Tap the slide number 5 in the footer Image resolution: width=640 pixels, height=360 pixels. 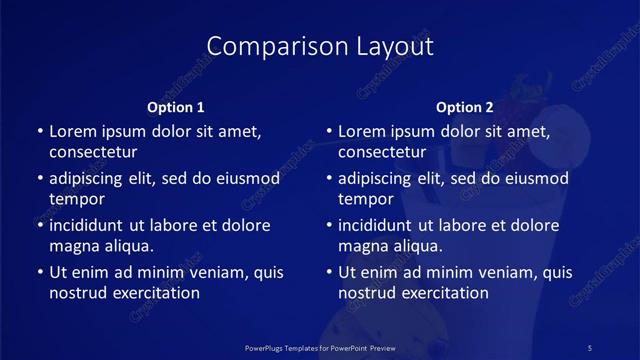point(590,347)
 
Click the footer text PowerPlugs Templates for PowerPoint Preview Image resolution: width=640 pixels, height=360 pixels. point(319,347)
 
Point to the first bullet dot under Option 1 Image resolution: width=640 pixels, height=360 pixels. point(39,132)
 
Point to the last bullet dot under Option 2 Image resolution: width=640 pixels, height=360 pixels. point(329,272)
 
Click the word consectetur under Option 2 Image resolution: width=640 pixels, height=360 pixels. point(383,153)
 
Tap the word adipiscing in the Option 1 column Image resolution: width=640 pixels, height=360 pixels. point(91,179)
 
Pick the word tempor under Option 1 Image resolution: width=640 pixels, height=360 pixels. point(76,199)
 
